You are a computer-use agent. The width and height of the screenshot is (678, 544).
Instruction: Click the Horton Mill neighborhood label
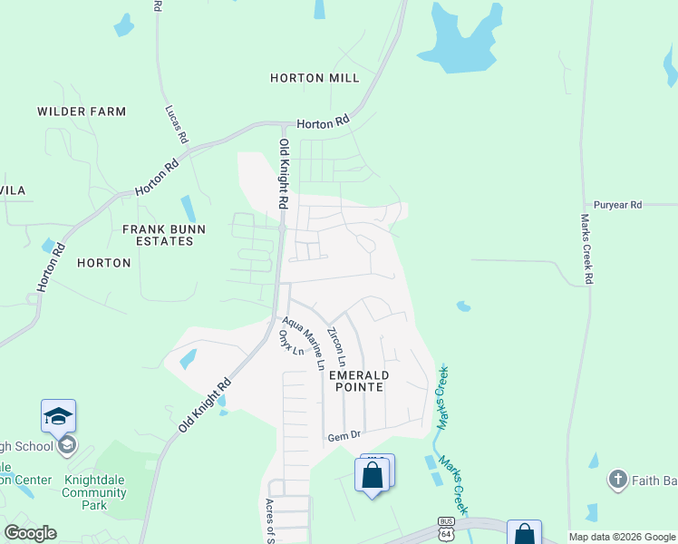pos(315,79)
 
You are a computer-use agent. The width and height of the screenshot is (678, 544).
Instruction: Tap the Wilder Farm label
pos(82,112)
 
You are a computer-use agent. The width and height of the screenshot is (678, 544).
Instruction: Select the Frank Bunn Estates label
pos(159,236)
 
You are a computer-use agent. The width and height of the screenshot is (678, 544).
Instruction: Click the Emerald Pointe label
pos(359,381)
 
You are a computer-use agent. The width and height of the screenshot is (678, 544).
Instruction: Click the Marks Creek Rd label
pos(586,249)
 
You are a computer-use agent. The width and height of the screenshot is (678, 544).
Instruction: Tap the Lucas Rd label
pos(176,124)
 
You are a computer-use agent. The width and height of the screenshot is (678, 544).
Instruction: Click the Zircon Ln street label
pos(337,347)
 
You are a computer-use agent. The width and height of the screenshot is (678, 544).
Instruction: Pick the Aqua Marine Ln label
pos(303,343)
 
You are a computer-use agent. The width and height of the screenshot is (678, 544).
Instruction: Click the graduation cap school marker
pos(59,416)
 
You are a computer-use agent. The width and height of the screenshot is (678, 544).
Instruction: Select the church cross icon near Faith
pos(618,479)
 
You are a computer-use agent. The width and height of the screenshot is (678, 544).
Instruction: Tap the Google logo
pos(30,533)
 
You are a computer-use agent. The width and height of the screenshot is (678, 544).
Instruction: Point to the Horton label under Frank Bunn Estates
pos(104,263)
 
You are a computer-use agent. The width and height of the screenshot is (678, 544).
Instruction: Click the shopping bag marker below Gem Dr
pos(373,474)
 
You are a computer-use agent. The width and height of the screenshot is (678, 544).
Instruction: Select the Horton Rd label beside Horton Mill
pos(323,121)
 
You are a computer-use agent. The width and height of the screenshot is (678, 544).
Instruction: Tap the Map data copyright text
pos(623,537)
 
